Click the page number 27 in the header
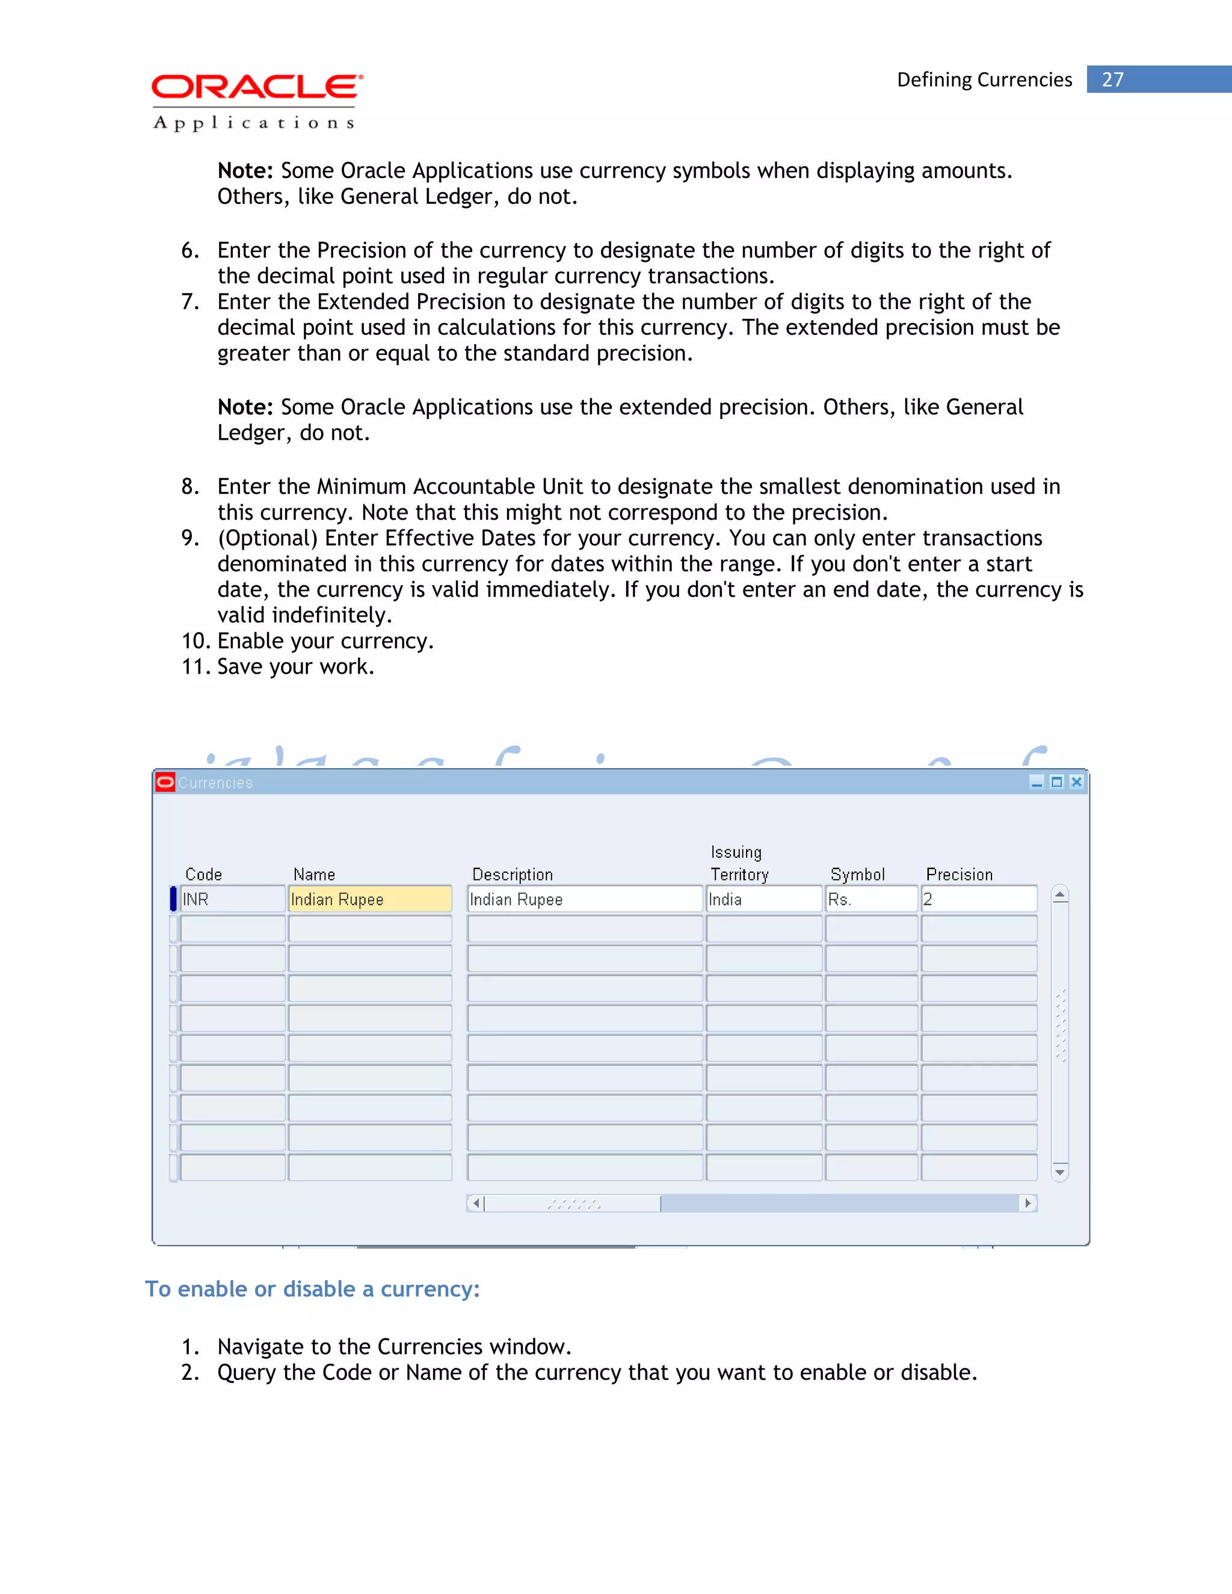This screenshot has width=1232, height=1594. point(1112,79)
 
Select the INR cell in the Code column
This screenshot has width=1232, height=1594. point(232,899)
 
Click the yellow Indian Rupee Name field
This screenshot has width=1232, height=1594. point(369,899)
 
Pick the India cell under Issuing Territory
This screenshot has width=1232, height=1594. point(763,899)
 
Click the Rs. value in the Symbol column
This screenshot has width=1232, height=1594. point(870,899)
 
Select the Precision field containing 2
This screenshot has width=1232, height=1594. point(978,899)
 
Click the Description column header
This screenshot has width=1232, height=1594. point(513,875)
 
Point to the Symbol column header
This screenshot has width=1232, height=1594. point(858,875)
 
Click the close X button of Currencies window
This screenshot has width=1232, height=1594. point(1076,783)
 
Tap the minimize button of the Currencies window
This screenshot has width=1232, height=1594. point(1036,783)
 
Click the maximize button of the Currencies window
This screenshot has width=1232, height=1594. point(1056,783)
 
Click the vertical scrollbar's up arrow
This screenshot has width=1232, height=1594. point(1060,895)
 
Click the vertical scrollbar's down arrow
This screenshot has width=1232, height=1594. point(1060,1172)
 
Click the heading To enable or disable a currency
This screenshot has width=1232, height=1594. point(312,1289)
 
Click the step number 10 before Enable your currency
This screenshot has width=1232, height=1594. point(195,641)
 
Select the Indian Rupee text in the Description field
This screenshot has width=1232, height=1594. point(516,899)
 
